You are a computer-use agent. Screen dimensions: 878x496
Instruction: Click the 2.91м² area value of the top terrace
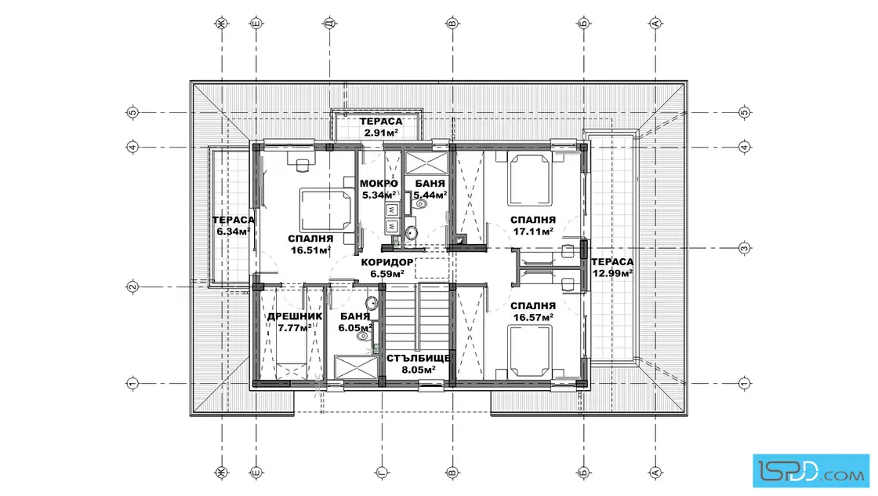(381, 133)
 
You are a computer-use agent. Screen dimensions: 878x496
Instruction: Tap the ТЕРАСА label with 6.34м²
(233, 221)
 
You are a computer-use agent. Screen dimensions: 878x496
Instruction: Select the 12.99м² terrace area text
(612, 273)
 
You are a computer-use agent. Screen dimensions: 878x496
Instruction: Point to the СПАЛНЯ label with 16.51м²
(310, 239)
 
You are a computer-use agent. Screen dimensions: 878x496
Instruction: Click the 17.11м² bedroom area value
(534, 231)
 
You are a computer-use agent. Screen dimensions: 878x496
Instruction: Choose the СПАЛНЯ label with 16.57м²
(533, 306)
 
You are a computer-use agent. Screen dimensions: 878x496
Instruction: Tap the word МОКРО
(379, 184)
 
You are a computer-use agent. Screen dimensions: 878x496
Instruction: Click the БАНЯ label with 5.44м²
(430, 184)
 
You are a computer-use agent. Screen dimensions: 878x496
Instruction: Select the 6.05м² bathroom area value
(355, 328)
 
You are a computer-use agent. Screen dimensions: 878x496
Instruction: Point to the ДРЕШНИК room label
(295, 316)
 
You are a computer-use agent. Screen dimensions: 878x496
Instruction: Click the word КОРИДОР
(387, 262)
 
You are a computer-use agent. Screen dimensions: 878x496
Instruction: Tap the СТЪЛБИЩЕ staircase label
(419, 358)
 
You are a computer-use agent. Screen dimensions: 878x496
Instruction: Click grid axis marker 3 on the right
(744, 248)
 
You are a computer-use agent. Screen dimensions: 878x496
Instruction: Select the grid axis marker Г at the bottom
(382, 472)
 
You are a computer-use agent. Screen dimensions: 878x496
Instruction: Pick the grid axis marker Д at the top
(329, 24)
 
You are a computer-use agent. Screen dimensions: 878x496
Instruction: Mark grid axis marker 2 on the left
(132, 287)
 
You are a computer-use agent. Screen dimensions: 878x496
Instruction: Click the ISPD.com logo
(811, 471)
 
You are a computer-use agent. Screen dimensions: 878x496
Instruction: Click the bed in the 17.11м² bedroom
(529, 180)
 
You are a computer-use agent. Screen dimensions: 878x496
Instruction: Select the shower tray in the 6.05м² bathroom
(357, 367)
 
